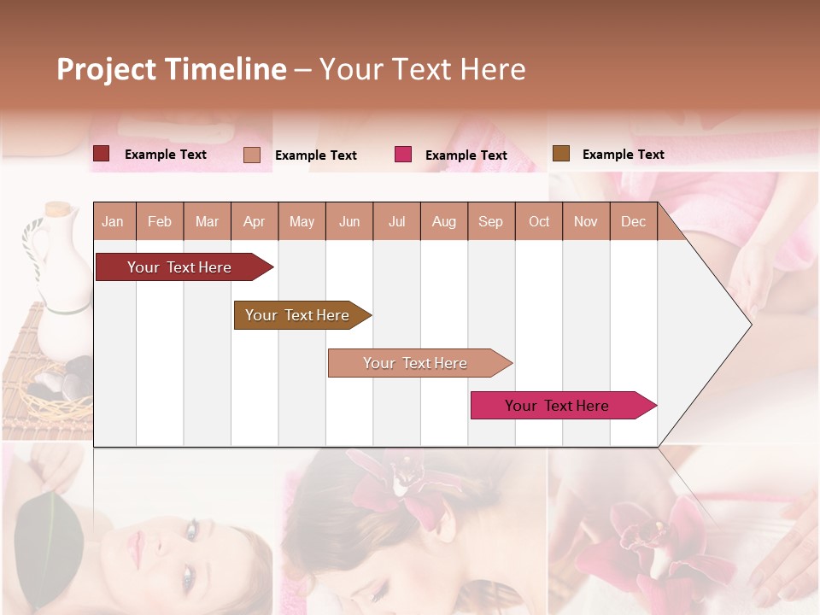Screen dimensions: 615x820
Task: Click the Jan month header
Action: pos(113,222)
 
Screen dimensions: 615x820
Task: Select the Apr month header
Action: pos(254,222)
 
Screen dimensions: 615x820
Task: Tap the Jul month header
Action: pos(396,222)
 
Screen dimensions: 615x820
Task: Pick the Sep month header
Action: pos(490,222)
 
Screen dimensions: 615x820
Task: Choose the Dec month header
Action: pos(633,222)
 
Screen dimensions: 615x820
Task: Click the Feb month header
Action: pos(160,222)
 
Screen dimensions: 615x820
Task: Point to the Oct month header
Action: pos(539,222)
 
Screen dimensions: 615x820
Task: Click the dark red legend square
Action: pos(102,154)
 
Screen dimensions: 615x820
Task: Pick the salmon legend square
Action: pos(252,155)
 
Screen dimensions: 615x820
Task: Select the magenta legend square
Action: pos(403,155)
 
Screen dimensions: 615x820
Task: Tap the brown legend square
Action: pos(560,154)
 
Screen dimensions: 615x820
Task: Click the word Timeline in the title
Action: pos(225,69)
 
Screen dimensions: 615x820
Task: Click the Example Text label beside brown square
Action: pos(623,155)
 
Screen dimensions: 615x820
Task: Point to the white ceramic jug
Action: pos(60,282)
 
